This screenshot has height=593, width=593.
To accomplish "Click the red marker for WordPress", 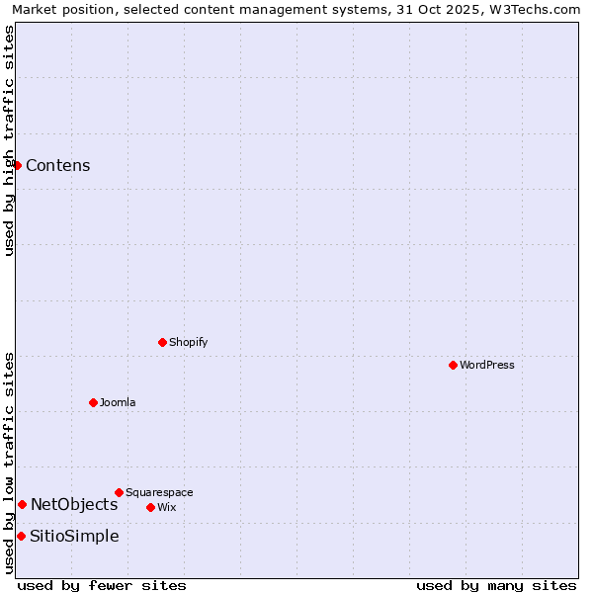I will click(453, 365).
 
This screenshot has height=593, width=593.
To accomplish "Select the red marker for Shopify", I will click(162, 342).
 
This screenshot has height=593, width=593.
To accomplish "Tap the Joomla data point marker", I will click(93, 402).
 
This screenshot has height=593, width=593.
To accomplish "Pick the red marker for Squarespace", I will click(119, 492).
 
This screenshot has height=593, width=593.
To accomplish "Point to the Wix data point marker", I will click(150, 507).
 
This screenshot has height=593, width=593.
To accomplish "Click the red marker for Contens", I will click(17, 165).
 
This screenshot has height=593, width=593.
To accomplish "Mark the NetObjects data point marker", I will click(22, 504).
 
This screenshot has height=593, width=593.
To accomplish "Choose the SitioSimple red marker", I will click(21, 536).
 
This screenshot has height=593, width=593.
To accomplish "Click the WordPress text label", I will click(487, 365).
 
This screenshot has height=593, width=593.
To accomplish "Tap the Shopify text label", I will click(188, 342).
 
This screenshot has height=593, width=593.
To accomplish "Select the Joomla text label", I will click(118, 402).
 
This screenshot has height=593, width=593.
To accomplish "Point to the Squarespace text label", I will click(159, 492).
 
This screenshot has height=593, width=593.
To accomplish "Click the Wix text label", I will click(166, 507).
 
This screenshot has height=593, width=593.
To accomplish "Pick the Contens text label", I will click(58, 165).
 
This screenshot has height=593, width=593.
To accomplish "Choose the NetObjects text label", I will click(74, 504).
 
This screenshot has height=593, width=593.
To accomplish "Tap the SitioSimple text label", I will click(74, 536).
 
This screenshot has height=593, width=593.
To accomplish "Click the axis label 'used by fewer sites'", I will click(102, 585).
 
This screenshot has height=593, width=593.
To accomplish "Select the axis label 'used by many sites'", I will click(496, 585).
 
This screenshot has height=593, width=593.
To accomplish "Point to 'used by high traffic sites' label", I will click(9, 140).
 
